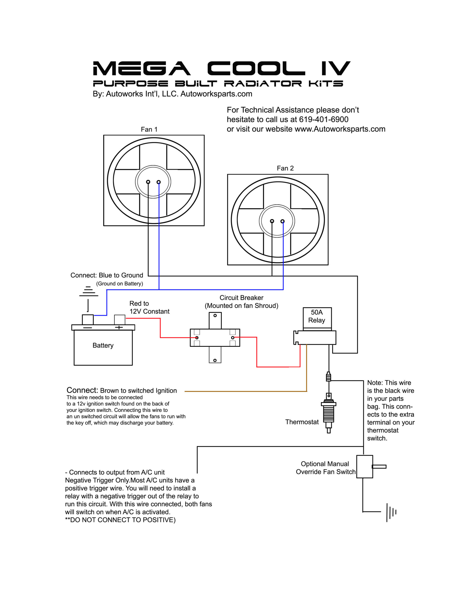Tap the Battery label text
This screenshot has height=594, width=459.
tap(103, 345)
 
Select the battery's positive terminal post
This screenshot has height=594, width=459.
tap(120, 320)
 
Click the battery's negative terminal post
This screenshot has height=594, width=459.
tap(88, 320)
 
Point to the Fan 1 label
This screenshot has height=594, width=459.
tap(149, 129)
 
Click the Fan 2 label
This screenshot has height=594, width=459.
tap(285, 168)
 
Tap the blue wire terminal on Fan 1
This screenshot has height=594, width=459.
tap(159, 182)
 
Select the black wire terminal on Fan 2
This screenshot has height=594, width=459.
tap(272, 221)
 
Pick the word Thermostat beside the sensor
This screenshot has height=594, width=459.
tap(302, 422)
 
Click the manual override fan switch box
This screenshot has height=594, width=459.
tap(364, 467)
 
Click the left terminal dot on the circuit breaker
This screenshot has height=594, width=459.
tap(197, 338)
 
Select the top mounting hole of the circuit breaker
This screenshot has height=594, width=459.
tap(215, 316)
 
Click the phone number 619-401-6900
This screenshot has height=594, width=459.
tap(323, 119)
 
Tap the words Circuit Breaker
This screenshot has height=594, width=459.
tap(241, 298)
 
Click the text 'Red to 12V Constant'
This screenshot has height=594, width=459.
tap(149, 307)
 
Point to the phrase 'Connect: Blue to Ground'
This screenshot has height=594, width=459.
tap(107, 275)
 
